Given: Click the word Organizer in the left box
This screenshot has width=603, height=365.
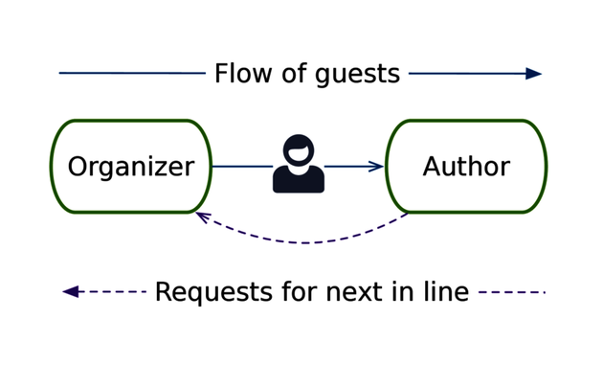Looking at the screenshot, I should point(130,167).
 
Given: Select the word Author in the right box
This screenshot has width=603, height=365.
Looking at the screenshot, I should point(466,167).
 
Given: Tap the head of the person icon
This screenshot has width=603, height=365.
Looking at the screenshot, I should point(299,150).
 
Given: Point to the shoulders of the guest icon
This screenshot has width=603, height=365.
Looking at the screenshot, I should point(299,180).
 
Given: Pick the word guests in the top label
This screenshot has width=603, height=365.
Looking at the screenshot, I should point(357,75).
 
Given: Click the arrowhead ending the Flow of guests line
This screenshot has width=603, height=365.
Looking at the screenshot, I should point(534,74).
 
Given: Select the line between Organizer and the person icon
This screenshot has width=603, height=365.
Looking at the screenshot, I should point(241,167).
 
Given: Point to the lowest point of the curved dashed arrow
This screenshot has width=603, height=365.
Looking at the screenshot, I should point(304,242).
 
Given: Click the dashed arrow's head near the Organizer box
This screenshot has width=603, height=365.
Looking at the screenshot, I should point(202,217).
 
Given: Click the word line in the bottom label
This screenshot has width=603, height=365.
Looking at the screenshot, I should point(443,291).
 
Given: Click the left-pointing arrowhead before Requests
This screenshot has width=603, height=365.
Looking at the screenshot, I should point(70,292).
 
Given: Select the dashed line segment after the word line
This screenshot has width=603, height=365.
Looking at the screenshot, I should point(511,292).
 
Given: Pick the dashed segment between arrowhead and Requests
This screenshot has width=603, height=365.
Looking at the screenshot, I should point(113,292).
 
